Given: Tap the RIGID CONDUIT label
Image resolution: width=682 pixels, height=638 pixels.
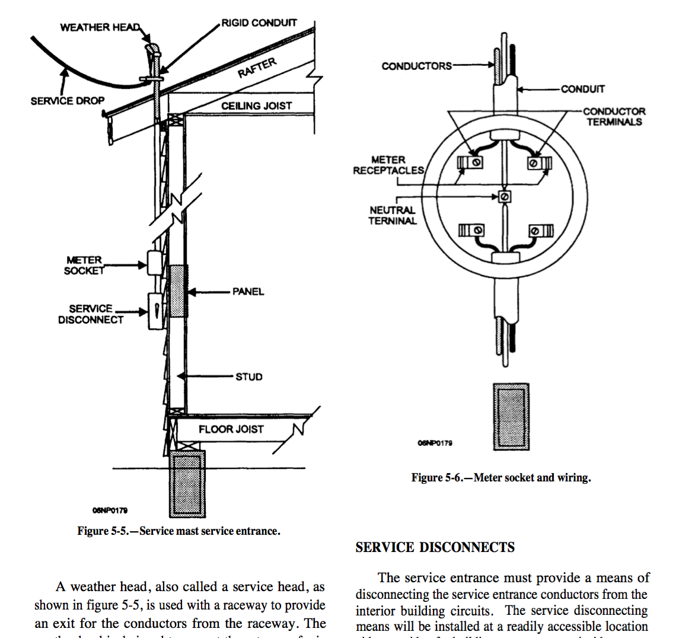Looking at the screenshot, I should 259,23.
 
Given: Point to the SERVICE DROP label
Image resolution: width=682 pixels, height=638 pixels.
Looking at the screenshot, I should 67,101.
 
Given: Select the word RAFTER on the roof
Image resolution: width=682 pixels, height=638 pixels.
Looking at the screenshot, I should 257,68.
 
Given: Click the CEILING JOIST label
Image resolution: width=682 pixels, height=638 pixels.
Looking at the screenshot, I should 256,106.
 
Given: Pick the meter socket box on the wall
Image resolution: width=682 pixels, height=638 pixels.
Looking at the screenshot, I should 154,263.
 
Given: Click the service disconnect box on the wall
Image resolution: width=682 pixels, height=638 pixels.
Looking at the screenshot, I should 155,311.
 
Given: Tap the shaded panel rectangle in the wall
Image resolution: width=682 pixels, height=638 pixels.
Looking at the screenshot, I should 178,291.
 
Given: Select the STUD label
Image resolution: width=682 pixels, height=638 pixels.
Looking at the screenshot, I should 248,377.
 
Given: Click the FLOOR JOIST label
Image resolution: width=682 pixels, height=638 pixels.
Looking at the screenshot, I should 231,429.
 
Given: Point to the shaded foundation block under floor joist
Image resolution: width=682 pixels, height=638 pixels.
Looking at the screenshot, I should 187,483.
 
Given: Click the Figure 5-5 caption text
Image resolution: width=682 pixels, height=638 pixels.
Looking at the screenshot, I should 179,531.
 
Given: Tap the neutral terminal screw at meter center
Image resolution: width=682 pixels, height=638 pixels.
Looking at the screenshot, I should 504,196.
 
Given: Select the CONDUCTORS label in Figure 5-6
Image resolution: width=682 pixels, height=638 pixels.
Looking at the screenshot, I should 416,66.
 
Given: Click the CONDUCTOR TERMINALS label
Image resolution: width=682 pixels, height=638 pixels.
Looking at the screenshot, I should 614,116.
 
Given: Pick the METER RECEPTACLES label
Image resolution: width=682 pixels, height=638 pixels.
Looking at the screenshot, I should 388,165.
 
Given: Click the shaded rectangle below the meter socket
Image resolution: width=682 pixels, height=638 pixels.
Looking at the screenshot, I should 511,416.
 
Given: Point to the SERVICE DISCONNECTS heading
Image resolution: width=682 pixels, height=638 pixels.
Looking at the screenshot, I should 435,547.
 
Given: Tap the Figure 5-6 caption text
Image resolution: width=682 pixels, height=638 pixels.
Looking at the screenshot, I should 501,477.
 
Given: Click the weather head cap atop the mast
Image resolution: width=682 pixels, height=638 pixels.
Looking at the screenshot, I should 153,48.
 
